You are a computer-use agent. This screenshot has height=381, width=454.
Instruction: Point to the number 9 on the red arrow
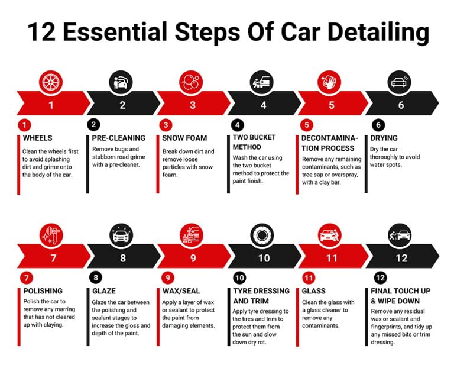coord(193,258)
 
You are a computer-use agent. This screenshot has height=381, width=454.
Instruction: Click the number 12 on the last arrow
coord(402,258)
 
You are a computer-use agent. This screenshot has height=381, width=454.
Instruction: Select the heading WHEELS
coord(38,138)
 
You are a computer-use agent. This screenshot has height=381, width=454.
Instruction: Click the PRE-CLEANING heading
coord(118,138)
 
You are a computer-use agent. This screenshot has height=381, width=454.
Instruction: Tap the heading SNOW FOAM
coord(184,138)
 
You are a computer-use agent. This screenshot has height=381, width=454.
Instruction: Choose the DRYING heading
coord(384,138)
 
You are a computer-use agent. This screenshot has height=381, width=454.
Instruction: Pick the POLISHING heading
coord(43,291)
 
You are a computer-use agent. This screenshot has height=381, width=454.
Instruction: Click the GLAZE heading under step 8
coord(104,291)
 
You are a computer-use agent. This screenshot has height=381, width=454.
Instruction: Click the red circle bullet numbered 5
coord(306,125)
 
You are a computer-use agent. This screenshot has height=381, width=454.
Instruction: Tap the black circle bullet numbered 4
coord(237,125)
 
